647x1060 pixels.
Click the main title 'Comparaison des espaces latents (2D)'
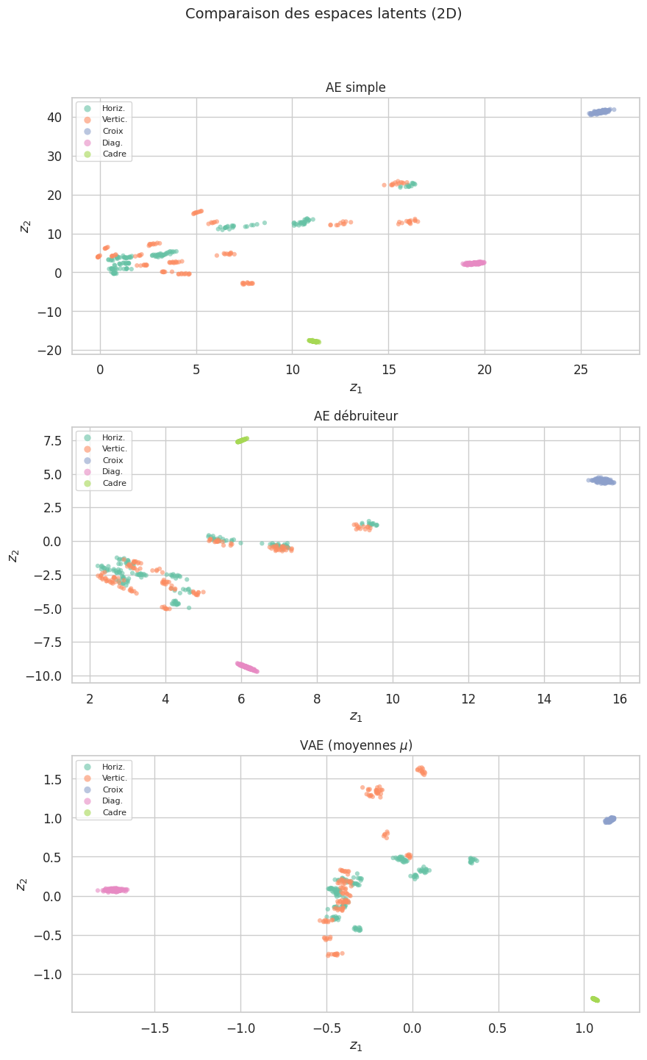pos(323,14)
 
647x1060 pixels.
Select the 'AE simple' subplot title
pos(356,88)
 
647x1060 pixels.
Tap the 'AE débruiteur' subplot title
pos(356,416)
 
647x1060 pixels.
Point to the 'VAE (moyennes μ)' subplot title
pos(356,745)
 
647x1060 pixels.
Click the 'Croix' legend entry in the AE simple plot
pos(112,131)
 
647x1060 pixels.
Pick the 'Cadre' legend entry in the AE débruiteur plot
pos(114,484)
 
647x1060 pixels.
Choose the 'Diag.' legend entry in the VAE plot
pos(112,801)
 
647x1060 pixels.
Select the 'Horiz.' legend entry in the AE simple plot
pos(113,108)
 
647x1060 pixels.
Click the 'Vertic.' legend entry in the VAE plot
pos(115,778)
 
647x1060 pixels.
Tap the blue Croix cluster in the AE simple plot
pos(601,112)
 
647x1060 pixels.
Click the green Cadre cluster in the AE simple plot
pos(314,341)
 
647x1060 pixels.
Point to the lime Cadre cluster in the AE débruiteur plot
pos(243,440)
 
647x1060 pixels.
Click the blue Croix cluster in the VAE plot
pos(610,820)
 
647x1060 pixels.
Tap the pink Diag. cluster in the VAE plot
pos(115,890)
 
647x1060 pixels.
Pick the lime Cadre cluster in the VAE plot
pos(595,999)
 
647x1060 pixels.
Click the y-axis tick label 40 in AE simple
pos(52,117)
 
